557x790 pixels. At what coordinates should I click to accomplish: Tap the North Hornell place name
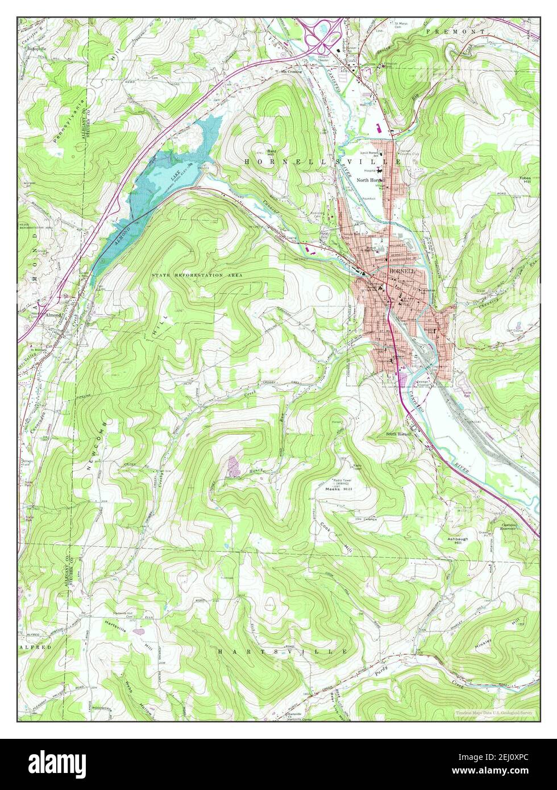371,180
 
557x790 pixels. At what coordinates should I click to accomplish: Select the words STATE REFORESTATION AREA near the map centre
197,275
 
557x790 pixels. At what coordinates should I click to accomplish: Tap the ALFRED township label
35,647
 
